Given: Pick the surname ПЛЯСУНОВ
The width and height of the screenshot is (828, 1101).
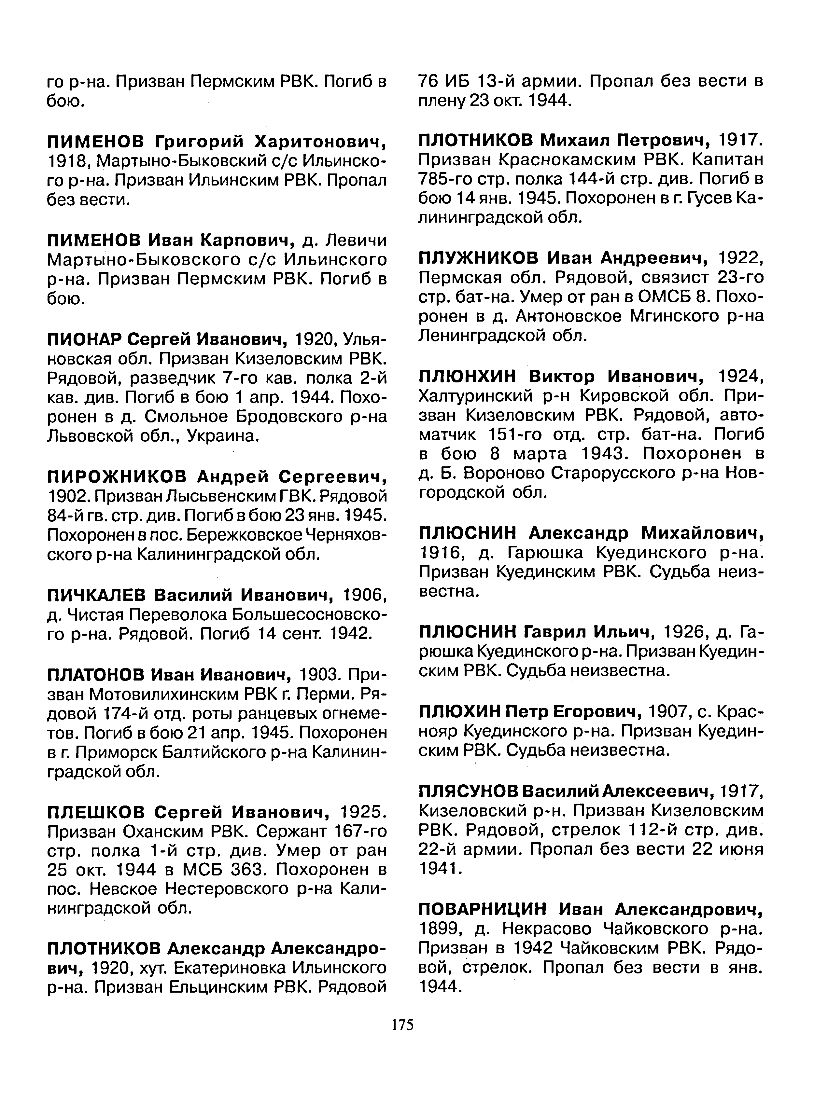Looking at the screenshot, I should pyautogui.click(x=469, y=791).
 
